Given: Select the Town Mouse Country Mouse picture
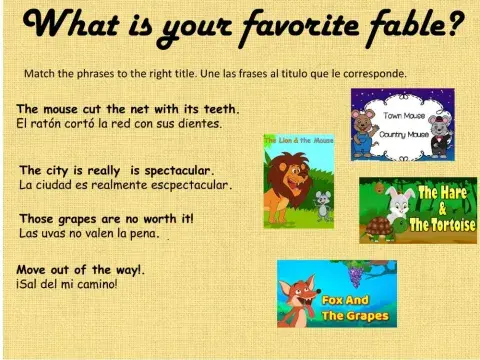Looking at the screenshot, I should (x=402, y=125).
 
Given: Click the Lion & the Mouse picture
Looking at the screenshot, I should (x=298, y=181).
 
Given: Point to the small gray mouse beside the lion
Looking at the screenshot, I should (x=322, y=204).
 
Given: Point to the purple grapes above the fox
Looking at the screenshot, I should (x=354, y=271).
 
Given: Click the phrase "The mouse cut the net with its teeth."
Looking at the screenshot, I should (x=128, y=109).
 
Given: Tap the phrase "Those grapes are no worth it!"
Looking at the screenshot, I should (x=106, y=218).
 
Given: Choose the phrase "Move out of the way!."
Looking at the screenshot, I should (x=81, y=269).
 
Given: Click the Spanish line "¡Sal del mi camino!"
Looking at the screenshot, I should (x=67, y=284).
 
